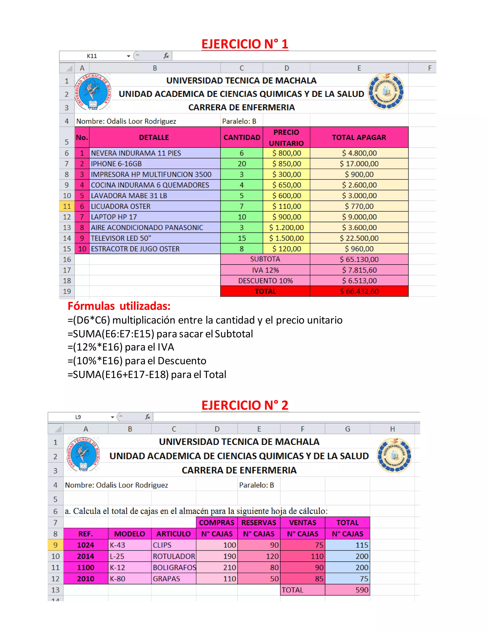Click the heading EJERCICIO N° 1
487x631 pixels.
pos(245,44)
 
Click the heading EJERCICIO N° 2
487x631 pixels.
pos(245,405)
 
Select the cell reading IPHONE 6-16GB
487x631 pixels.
pos(116,164)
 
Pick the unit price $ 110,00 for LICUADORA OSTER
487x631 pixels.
pos(287,206)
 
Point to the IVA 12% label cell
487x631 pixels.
pos(265,270)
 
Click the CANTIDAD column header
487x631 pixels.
pos(242,138)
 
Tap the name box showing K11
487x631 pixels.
pos(92,56)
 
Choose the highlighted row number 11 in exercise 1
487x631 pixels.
pos(67,206)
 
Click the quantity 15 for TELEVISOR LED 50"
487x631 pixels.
pos(242,238)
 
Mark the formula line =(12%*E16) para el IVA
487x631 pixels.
pos(121,347)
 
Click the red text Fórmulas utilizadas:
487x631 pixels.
pos(119,306)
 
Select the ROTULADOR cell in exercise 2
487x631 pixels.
pos(174,556)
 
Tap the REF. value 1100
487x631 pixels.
pos(85,567)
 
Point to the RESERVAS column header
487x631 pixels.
pos(258,523)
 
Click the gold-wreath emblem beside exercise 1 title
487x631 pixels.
pos(386,92)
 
